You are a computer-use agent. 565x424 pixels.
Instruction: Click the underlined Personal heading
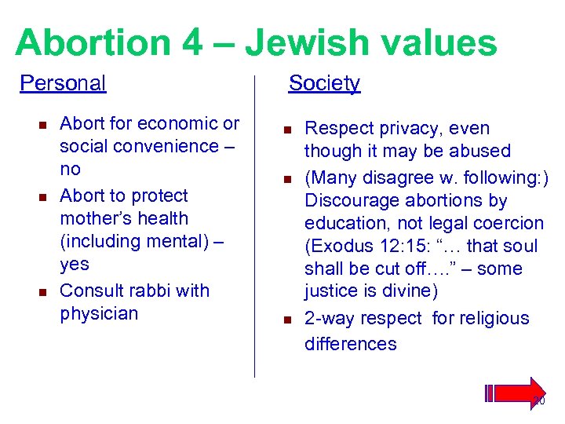click(x=63, y=82)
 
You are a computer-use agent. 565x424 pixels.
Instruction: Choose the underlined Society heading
click(x=324, y=82)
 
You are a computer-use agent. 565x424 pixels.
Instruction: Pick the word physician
click(x=99, y=313)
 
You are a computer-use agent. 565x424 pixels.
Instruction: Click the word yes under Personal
click(x=75, y=264)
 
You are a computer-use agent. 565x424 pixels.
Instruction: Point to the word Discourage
click(x=355, y=200)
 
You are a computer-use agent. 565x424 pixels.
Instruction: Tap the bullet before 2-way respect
click(x=287, y=320)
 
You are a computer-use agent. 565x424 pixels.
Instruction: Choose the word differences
click(x=350, y=343)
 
